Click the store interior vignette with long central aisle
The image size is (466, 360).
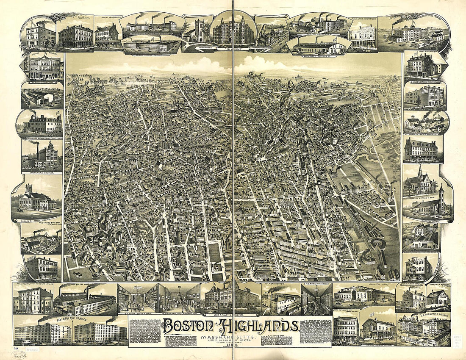click(x=316, y=299)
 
